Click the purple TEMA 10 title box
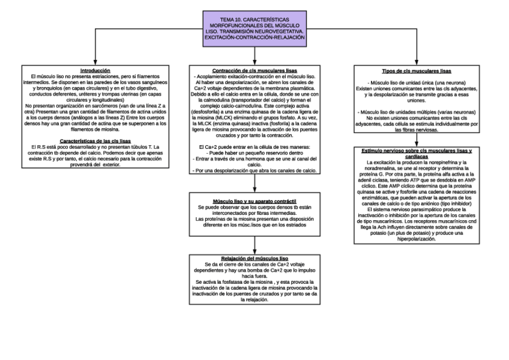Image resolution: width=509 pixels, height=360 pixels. (254, 27)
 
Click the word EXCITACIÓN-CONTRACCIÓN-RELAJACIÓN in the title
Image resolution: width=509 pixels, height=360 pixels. (254, 37)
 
